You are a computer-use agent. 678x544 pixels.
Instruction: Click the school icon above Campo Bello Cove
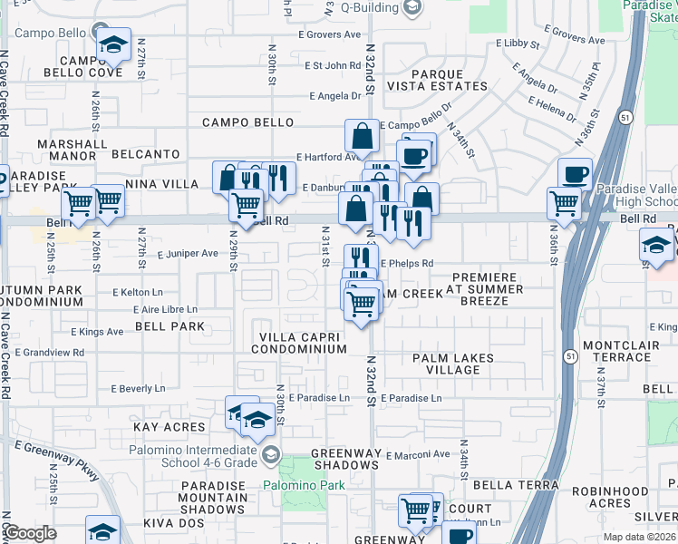tap(114, 45)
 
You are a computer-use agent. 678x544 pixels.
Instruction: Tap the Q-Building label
tap(370, 7)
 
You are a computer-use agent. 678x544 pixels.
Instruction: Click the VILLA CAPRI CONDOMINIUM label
tap(298, 343)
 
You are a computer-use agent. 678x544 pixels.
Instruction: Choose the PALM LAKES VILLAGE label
tap(453, 364)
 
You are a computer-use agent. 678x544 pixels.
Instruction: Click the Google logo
tap(30, 534)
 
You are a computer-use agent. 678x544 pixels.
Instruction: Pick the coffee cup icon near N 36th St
tap(574, 173)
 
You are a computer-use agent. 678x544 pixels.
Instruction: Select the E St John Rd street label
tap(333, 65)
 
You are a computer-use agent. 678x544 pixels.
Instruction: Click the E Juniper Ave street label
tap(187, 253)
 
